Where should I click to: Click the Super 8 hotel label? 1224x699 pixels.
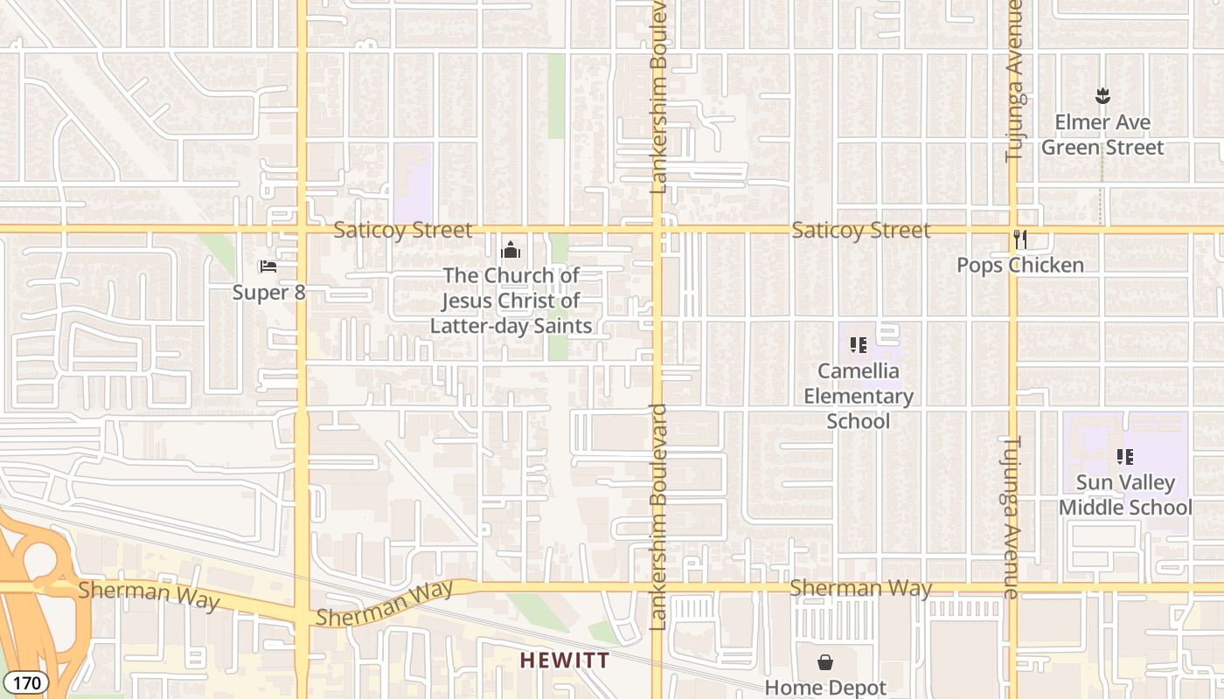tap(268, 292)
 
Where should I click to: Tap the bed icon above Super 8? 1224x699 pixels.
tap(268, 266)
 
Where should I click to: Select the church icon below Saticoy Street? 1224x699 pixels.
tap(511, 251)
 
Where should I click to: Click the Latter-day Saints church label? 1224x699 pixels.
tap(511, 301)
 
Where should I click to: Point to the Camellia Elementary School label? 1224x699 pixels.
tap(858, 396)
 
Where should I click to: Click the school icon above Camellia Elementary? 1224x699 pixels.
tap(858, 345)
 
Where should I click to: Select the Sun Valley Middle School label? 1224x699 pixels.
tap(1124, 495)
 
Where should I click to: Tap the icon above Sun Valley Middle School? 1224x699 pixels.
tap(1125, 456)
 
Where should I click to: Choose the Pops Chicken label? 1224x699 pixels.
tap(1019, 265)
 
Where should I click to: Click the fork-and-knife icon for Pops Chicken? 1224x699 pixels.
tap(1019, 239)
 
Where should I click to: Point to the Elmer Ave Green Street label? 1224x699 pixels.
tap(1102, 135)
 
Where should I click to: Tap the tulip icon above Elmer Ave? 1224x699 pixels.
tap(1102, 95)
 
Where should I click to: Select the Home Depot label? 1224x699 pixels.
tap(825, 688)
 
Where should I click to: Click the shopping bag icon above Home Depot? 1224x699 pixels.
tap(825, 662)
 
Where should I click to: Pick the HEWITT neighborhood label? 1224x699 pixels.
tap(565, 660)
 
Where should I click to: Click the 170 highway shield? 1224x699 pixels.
tap(24, 682)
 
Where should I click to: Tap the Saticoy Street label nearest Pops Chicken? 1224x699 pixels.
tap(860, 230)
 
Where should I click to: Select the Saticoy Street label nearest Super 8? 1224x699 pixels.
tap(402, 230)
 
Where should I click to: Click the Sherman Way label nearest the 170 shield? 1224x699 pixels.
tap(149, 595)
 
